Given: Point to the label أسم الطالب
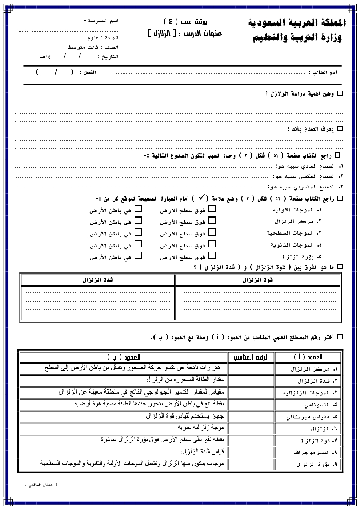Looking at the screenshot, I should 323,72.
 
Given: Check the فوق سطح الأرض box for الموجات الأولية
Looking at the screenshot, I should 212,209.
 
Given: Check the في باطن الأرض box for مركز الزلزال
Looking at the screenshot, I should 138,220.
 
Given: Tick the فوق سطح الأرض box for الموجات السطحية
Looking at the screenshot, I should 212,232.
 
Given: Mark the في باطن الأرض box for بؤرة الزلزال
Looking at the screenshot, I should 138,255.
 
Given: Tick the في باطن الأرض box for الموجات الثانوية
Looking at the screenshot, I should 138,244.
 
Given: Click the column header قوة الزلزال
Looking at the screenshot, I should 258,280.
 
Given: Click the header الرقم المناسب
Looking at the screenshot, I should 251,357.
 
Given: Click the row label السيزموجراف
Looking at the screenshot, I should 312,452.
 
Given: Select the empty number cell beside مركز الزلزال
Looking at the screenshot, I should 251,369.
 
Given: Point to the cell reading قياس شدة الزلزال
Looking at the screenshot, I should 204,452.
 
